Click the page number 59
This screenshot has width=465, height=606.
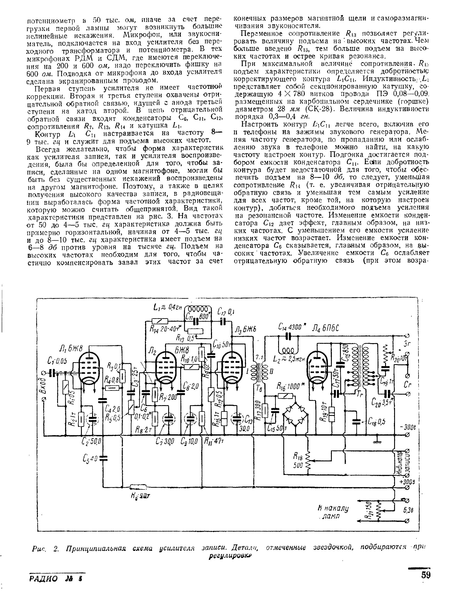tap(426, 575)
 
